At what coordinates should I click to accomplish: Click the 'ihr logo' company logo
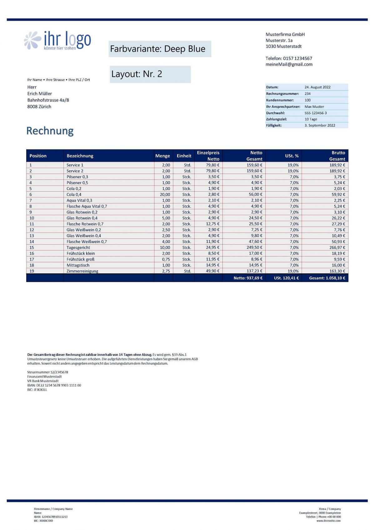coord(57,40)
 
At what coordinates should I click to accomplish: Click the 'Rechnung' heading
coord(50,131)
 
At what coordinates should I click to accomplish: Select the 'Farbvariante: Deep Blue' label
coord(160,49)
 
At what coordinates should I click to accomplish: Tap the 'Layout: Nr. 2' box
coord(150,74)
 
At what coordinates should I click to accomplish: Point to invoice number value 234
coord(307,94)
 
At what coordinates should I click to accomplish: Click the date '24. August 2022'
coord(317,87)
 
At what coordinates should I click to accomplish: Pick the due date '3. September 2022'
coord(320,125)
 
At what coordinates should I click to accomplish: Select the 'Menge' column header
coord(162,156)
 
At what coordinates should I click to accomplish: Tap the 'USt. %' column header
coord(292,156)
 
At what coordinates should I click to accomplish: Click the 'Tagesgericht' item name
coord(78,248)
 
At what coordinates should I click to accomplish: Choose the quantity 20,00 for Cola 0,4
coord(165,194)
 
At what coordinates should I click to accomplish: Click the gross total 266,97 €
coord(337,248)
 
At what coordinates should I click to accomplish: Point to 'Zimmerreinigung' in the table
coord(82,271)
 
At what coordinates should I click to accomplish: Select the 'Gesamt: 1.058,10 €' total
coord(327,278)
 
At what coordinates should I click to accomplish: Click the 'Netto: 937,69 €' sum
coord(248,278)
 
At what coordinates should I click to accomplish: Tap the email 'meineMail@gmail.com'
coord(289,64)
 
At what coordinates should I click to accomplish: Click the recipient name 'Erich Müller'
coord(40,94)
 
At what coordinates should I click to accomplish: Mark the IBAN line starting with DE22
coord(54,385)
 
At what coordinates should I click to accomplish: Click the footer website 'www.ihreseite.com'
coord(328,521)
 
